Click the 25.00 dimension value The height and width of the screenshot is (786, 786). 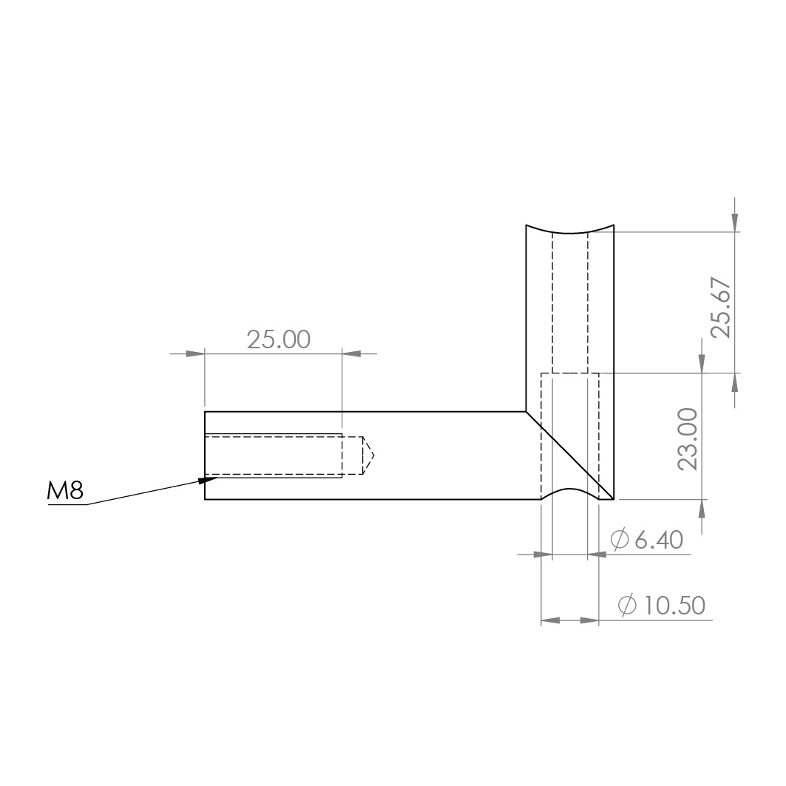(x=279, y=339)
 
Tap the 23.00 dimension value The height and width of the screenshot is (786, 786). (x=688, y=439)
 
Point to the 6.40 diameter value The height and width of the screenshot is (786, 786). (x=659, y=540)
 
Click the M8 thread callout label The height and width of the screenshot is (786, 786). (x=64, y=491)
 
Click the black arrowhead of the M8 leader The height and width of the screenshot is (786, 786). (x=207, y=480)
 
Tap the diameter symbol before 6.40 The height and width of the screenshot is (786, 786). (x=620, y=539)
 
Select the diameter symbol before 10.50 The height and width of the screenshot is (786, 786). (x=627, y=605)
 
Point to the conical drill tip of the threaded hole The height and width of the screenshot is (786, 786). (x=368, y=455)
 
